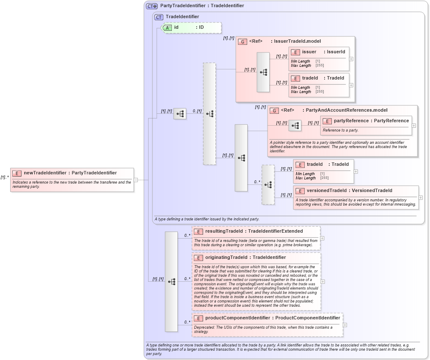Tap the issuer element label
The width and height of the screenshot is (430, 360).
309,52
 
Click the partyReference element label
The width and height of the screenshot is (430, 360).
350,121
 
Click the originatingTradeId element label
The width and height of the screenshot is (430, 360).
223,257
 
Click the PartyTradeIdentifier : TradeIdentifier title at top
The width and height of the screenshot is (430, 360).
202,5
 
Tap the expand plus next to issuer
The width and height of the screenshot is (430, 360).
351,59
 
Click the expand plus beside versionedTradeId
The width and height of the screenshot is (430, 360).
420,197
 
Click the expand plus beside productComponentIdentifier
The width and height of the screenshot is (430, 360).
345,325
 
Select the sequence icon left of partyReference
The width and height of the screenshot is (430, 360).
295,126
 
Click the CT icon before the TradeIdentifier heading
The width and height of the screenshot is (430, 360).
159,17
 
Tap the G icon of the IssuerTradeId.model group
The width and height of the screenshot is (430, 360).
243,41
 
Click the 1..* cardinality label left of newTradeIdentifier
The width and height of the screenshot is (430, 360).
5,177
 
